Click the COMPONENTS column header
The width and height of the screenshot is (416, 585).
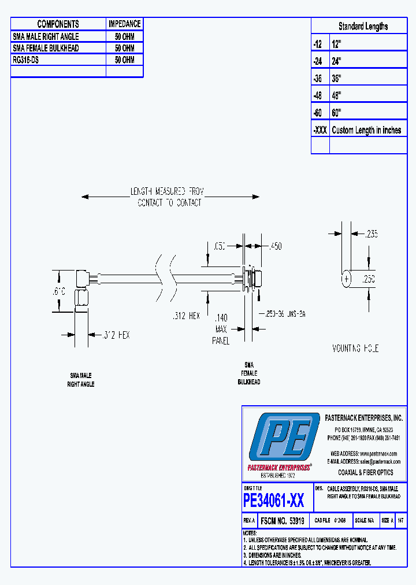click(x=58, y=24)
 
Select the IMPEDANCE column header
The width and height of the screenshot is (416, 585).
click(x=124, y=24)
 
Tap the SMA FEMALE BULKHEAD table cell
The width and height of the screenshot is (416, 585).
click(x=46, y=48)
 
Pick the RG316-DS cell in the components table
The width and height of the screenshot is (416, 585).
click(x=26, y=60)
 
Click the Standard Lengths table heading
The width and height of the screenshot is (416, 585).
click(x=363, y=26)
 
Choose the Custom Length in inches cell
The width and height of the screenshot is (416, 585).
click(x=366, y=130)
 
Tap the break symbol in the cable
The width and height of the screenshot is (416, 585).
click(x=164, y=273)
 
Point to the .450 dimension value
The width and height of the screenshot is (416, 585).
click(x=275, y=246)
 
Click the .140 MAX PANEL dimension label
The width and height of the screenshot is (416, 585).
click(x=221, y=329)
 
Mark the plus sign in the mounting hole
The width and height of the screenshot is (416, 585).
click(x=347, y=279)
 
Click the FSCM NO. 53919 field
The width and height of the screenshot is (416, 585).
click(x=283, y=520)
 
